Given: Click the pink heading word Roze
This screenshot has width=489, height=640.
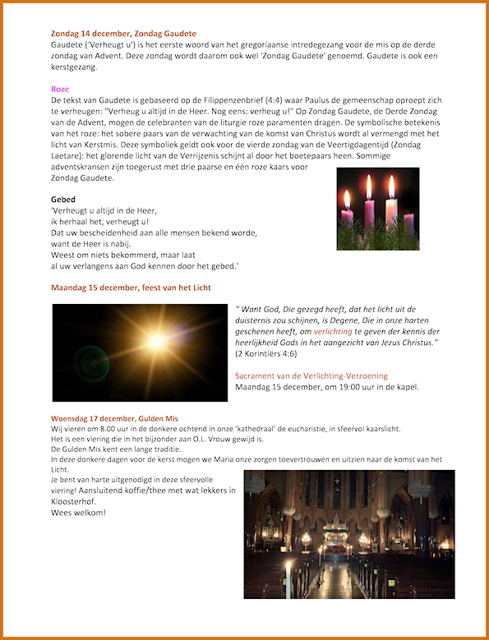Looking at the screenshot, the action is coord(60,89).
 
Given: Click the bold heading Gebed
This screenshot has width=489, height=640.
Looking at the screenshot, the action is coord(63,199).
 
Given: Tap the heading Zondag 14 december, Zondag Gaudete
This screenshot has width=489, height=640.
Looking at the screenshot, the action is coord(123,33).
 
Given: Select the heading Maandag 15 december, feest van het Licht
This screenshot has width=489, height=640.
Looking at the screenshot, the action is coord(131,288).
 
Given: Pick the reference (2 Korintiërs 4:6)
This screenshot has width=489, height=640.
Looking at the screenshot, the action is coord(277,353).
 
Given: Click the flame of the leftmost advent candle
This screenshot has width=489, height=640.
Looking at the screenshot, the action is coord(347,198).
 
